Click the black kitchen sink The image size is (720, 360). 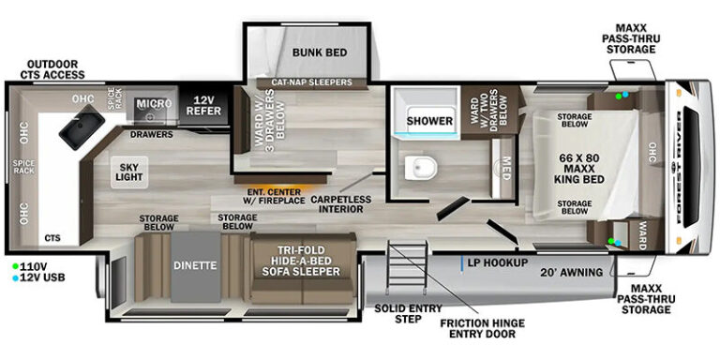pos(82,127)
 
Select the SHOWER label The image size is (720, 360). pos(429,121)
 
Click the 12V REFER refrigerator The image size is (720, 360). pos(203,106)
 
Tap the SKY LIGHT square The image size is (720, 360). pos(129,172)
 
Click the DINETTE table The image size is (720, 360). pos(196,267)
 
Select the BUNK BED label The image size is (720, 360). pos(320,52)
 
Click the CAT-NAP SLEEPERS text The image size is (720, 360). pos(311,82)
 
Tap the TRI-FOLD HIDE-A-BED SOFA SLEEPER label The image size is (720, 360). pos(301,261)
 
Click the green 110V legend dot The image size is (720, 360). pos(16,266)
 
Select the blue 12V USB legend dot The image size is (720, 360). pos(16,277)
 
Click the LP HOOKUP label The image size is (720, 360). pos(497,263)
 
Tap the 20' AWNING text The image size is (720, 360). pos(571,273)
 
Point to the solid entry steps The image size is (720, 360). pos(407,267)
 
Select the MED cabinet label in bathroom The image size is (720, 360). pos(505,169)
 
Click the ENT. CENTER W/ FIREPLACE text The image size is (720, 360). pos(274,196)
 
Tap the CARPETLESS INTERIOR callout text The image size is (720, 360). pos(340,203)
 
